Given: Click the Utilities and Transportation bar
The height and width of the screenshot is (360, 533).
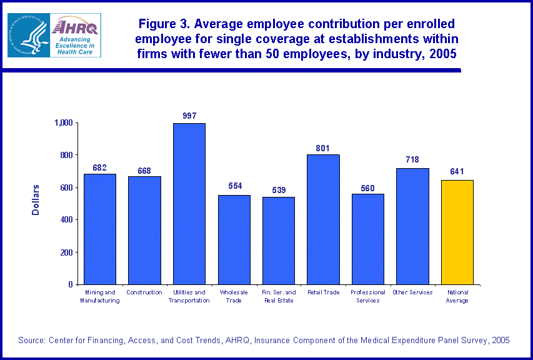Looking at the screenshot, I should point(189,204).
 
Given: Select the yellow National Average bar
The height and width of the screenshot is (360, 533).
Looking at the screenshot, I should point(457,232).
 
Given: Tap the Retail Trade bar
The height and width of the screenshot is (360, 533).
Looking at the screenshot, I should point(323,219).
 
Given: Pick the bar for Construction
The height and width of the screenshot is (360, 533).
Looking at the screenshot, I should point(144,230).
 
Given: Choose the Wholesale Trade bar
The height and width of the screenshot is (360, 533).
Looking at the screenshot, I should point(234,239).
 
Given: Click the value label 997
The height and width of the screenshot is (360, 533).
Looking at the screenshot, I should point(189,116).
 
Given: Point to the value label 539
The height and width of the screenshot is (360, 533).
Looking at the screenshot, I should point(278,189).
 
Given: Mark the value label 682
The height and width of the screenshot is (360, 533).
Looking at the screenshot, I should point(100,167).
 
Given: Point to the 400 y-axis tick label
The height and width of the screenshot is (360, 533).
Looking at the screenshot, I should point(65,220).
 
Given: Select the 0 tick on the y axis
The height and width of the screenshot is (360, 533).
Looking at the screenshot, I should point(71,284).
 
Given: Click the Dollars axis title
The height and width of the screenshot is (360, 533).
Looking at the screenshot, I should point(36,200).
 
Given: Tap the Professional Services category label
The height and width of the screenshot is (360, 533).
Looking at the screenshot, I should point(368,296).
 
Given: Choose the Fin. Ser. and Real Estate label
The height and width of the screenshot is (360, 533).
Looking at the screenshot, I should point(278,296).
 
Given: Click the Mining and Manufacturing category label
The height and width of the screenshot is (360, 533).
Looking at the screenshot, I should point(100,296).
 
